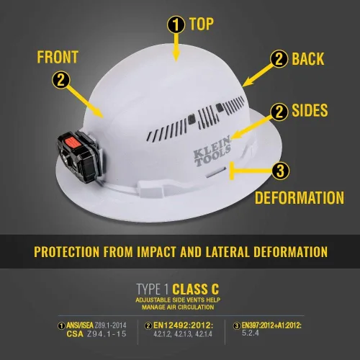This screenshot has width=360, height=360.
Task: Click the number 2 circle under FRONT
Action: point(63,81)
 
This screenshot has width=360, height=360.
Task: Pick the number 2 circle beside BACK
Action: point(278,58)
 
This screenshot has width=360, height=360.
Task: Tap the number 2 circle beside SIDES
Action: point(278,111)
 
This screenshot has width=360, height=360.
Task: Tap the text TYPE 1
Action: point(154,289)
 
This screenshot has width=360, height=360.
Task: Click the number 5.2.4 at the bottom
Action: point(250,335)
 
